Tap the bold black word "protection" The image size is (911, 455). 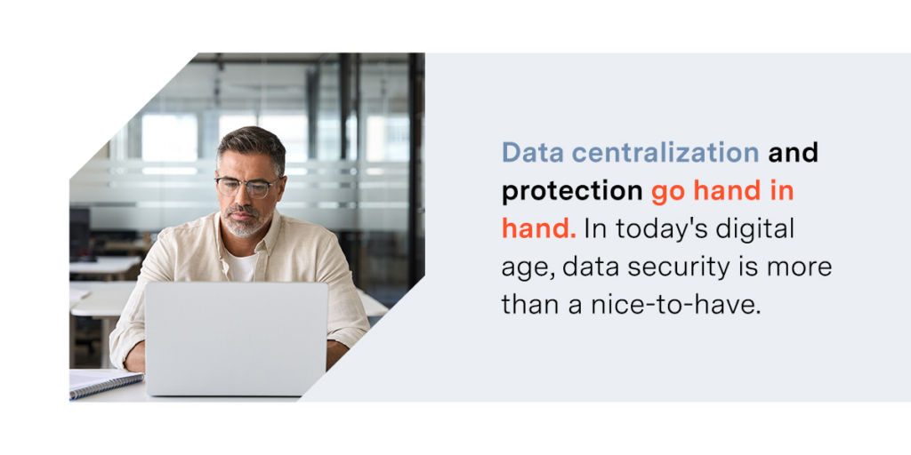[x=572, y=192]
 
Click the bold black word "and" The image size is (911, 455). [x=793, y=152]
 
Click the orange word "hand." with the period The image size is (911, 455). [x=538, y=228]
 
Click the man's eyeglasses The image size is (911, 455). [x=247, y=187]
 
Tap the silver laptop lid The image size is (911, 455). [x=237, y=339]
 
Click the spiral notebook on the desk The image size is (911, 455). [x=106, y=383]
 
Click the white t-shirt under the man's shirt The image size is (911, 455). [x=240, y=266]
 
